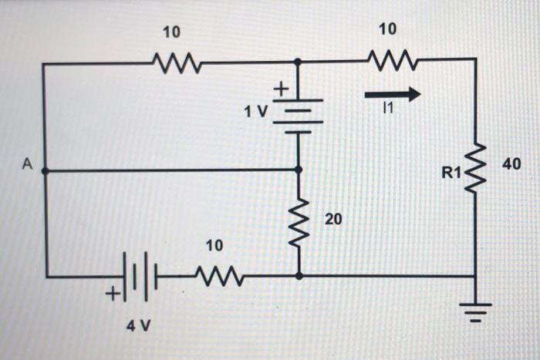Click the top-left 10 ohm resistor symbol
177,62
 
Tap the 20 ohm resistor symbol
299,223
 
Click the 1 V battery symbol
298,116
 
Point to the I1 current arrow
393,94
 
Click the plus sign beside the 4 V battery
113,293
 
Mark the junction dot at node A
44,170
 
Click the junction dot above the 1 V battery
299,62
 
